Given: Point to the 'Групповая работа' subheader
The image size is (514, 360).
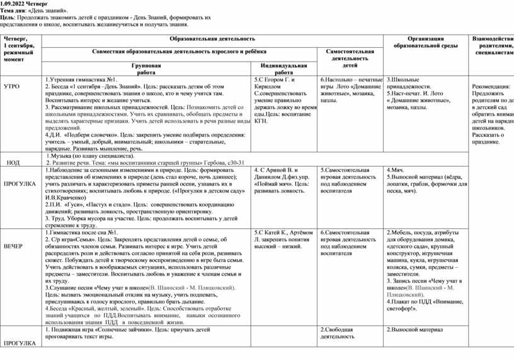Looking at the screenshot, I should [x=146, y=69].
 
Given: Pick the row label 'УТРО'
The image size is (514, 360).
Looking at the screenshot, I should [x=12, y=86].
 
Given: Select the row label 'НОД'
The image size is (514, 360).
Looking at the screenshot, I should [x=13, y=162].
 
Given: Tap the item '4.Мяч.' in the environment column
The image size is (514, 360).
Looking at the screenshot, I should [x=395, y=170].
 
